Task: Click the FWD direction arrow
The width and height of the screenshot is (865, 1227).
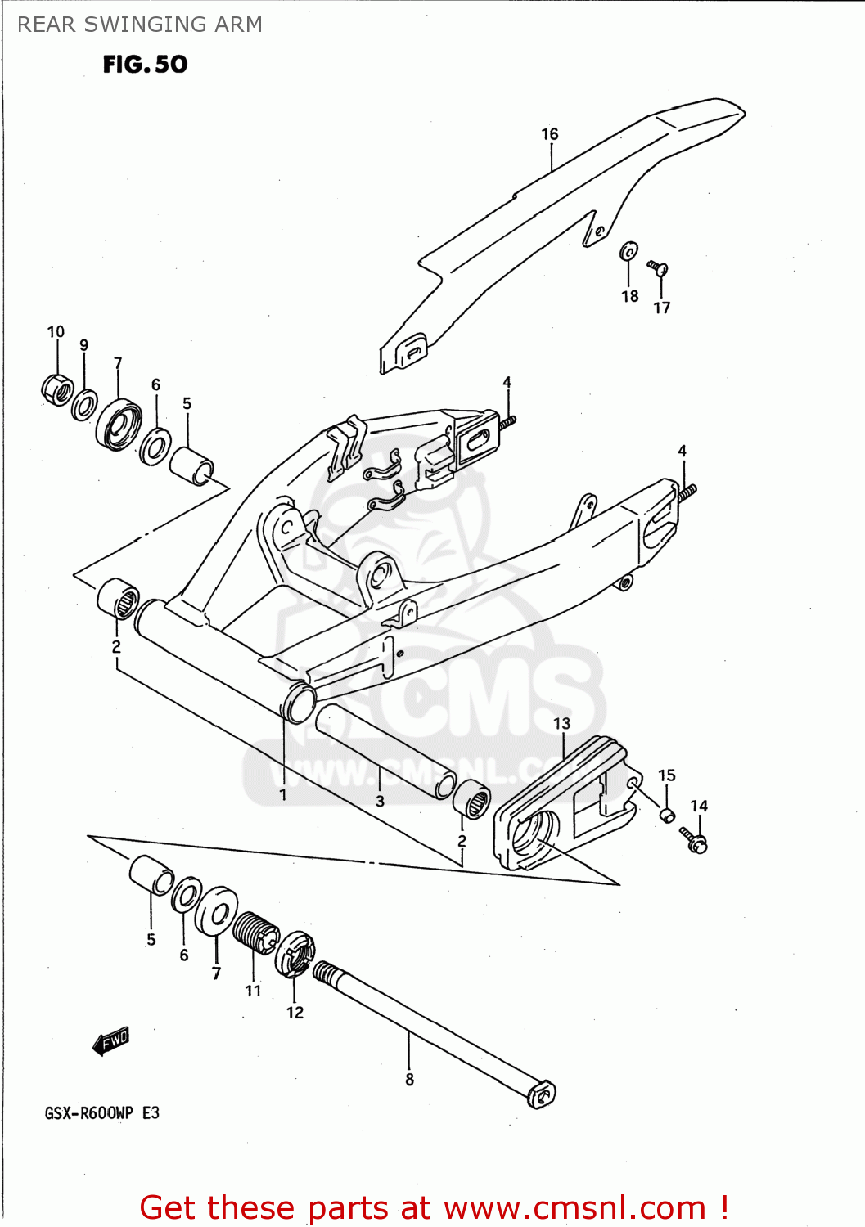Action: point(110,1041)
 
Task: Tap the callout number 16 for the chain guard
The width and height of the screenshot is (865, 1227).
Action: point(549,134)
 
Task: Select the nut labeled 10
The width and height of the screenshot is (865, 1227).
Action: point(57,389)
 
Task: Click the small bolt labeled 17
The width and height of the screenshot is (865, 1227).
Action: point(658,267)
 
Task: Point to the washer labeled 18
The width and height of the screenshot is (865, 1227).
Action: point(628,251)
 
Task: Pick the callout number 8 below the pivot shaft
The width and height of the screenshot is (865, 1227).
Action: point(409,1080)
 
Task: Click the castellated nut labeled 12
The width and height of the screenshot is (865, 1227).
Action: point(293,954)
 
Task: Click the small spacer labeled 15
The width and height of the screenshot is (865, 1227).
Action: point(667,815)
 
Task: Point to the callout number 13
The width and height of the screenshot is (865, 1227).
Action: point(561,724)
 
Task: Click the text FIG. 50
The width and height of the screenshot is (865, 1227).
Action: point(145,65)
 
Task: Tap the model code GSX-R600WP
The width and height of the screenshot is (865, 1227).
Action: point(88,1113)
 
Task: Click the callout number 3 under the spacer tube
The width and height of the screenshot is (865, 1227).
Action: point(380,801)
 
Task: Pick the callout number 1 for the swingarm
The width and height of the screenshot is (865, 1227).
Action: point(282,794)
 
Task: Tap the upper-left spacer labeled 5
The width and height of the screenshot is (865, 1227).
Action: point(191,465)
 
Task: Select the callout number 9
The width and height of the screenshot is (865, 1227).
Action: point(83,345)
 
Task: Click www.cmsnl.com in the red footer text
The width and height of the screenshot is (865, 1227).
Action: point(574,1208)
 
